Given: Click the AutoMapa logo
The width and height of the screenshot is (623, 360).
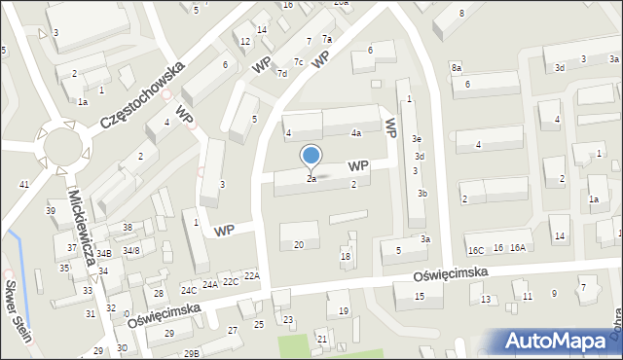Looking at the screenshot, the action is pos(558,342).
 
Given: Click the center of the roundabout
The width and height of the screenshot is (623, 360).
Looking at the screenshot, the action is pos(63,151).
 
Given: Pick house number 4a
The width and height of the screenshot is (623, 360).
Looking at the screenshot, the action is pos(356,132).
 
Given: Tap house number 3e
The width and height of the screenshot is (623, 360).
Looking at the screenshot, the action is pos(416,139).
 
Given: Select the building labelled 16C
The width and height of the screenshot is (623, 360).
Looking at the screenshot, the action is pos(475,250).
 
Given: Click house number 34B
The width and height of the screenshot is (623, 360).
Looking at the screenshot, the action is pos(104,253).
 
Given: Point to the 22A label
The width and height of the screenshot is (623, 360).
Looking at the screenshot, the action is pos(252,276).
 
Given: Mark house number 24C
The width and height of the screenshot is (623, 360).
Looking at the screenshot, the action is pos(189,290).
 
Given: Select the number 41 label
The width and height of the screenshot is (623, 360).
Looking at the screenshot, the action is pos(24,184).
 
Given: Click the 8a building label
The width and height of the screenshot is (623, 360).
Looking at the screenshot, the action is pos(456,67).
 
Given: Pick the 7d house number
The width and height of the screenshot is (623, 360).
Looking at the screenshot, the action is pos(281,74).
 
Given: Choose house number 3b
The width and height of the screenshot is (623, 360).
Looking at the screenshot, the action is pos(422,193).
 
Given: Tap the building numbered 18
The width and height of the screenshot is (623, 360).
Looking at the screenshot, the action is pos(345,257).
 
